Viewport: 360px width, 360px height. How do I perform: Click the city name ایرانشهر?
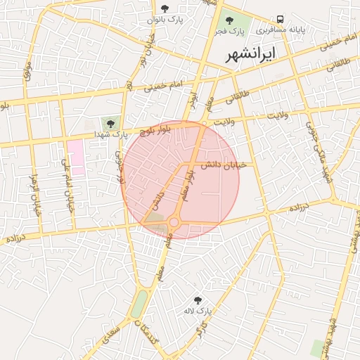[250, 53]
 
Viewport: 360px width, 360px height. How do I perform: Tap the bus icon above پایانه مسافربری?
[281, 19]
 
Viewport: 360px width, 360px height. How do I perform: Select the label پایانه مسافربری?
[281, 31]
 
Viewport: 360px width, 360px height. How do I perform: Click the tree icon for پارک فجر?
[230, 20]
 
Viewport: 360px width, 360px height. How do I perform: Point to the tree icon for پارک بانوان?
[165, 9]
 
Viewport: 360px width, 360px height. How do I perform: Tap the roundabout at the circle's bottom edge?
[174, 223]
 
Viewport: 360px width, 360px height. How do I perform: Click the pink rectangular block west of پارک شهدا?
[76, 157]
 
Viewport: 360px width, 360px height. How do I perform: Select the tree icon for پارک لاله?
[197, 300]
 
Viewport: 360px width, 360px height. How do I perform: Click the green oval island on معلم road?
[139, 304]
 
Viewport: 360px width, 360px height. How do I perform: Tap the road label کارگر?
[202, 329]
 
